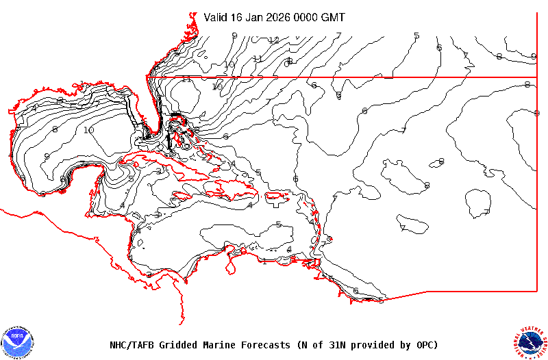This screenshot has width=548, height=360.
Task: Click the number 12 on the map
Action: pos(274,40)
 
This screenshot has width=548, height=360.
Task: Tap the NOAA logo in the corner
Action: pos(18,341)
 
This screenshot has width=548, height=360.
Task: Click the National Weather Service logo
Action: pos(530,341)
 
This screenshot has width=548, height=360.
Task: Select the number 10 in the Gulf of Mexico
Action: pos(89,130)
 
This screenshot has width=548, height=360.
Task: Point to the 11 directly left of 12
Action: pos(258,59)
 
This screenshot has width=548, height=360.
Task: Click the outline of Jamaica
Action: pos(182,197)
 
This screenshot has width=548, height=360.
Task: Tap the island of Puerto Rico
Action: pos(275,196)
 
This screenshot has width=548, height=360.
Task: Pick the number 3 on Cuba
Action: pos(158,171)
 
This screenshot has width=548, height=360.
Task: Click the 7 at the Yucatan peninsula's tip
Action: pos(82,163)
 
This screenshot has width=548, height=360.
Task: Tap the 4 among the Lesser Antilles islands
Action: pos(312,221)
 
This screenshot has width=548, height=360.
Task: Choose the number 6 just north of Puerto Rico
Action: pos(296,179)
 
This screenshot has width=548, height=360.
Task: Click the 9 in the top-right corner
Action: pos(533,55)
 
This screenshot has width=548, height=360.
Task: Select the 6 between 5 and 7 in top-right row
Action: pos(439,48)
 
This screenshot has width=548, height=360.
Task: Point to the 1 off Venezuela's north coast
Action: pos(265,261)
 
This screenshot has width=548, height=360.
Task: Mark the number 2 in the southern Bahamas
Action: pos(204,157)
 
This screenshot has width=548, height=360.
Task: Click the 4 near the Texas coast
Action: pos(34,108)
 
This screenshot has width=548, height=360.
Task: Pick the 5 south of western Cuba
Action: pos(132,179)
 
